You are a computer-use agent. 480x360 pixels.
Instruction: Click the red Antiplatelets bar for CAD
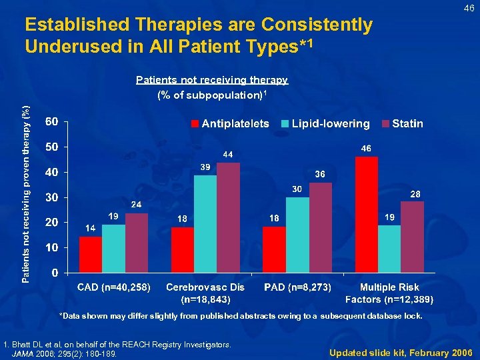click(x=91, y=255)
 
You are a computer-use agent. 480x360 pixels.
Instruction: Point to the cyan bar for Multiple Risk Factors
click(x=389, y=249)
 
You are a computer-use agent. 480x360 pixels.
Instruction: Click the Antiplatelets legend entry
click(x=230, y=123)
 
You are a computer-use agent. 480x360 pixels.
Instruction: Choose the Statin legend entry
click(x=402, y=123)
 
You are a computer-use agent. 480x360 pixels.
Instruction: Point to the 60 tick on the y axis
click(x=51, y=121)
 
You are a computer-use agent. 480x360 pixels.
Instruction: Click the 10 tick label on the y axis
click(x=51, y=247)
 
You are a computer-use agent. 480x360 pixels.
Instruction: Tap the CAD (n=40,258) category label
click(x=114, y=287)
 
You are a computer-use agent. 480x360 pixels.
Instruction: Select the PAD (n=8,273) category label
click(x=297, y=287)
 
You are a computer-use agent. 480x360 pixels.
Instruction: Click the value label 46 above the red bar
click(x=366, y=148)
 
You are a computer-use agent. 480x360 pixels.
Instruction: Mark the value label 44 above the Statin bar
click(x=228, y=154)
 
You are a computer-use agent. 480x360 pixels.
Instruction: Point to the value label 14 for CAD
click(x=90, y=228)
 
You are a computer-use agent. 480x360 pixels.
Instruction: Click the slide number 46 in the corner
click(x=469, y=8)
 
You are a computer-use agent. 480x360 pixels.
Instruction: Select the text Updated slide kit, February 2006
click(x=400, y=352)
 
